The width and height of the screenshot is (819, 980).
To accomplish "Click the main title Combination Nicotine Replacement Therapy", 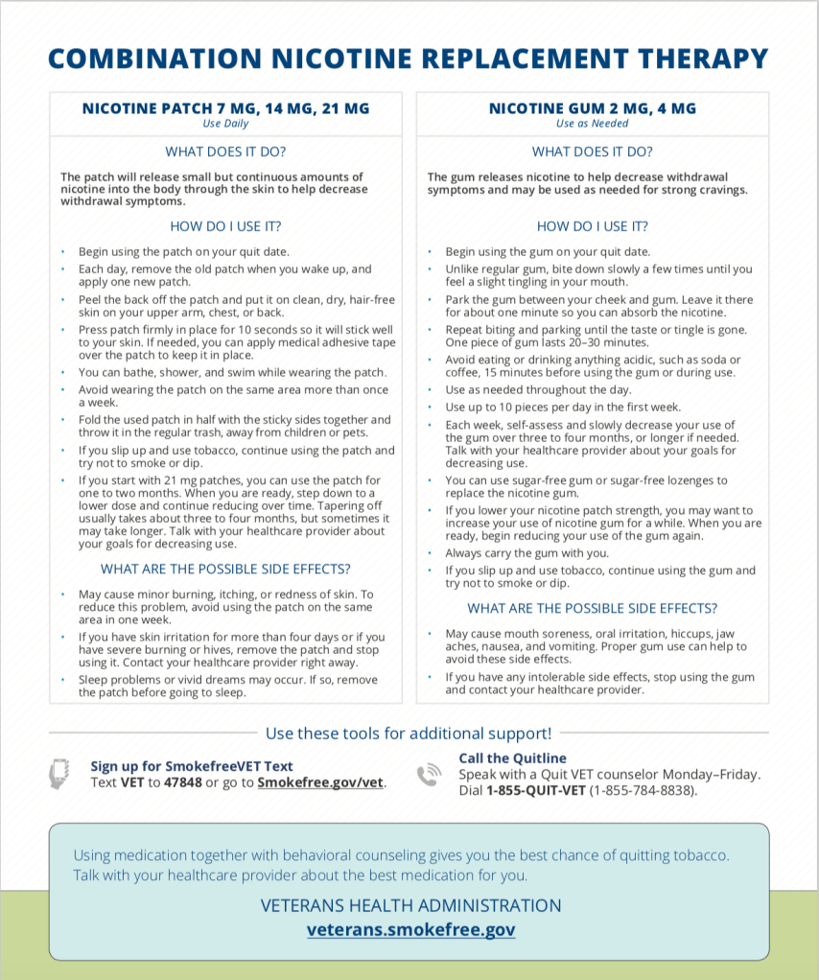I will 409,59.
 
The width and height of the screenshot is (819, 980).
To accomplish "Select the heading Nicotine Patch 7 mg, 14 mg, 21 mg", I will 225,108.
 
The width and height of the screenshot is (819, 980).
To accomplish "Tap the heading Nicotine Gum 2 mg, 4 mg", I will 593,108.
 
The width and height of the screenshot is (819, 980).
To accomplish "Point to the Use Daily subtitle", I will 225,124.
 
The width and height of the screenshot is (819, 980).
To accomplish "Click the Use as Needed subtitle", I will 593,124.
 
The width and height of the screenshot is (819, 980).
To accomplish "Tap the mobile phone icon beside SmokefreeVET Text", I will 59,774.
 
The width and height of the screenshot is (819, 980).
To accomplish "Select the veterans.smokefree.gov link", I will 410,929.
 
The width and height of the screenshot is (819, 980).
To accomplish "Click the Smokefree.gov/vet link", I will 321,782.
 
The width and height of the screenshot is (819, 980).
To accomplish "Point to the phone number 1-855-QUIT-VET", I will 535,791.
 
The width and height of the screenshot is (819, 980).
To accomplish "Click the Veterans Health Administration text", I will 410,905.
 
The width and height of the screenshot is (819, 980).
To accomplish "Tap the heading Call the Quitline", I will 512,758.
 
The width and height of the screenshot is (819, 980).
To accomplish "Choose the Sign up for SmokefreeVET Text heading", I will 192,766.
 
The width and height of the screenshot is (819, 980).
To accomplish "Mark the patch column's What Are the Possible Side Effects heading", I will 225,570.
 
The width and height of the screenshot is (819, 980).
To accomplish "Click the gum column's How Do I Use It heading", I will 593,227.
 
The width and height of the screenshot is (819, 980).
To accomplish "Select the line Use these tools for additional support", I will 409,734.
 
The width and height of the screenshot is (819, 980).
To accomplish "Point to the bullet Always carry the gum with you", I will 526,552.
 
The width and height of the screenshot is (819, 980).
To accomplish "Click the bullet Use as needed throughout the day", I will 538,389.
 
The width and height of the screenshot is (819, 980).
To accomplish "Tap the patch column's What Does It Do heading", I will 225,152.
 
